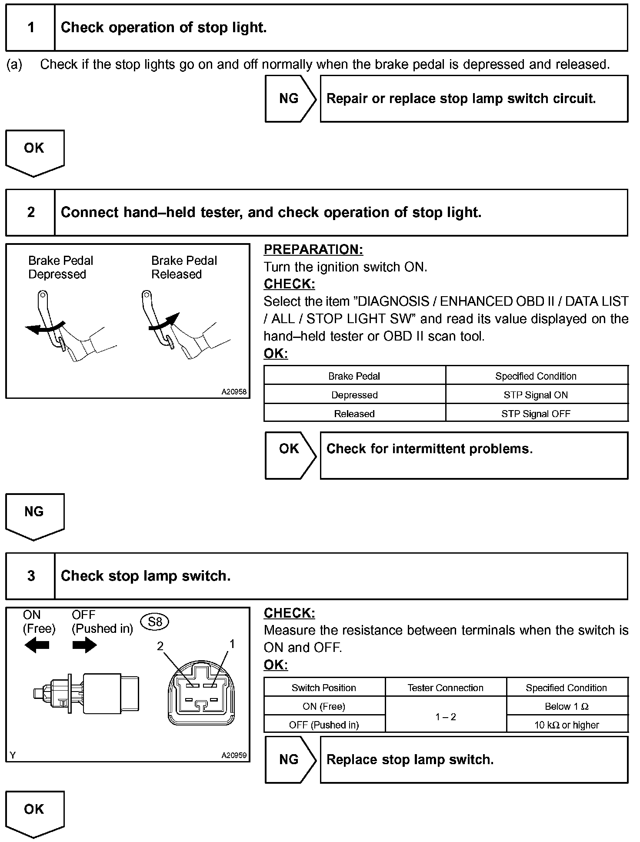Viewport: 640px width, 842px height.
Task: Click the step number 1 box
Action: [30, 28]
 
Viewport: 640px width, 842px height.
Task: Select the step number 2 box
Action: [30, 213]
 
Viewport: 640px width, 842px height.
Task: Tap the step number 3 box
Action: [30, 576]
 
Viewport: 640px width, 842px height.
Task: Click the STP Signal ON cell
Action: [536, 395]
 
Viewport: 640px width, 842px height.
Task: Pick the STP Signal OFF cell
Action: [536, 414]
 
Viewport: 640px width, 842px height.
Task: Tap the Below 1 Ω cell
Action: [567, 706]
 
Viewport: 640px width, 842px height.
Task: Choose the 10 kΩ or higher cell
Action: [567, 725]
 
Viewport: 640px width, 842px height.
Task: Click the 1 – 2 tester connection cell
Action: [446, 716]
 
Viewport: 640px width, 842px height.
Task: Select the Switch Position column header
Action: [324, 688]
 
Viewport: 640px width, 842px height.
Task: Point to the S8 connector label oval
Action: [155, 622]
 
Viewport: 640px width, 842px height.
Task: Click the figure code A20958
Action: [234, 392]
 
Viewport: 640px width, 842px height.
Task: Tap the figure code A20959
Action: [234, 755]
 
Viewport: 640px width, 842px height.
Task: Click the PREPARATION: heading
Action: [313, 250]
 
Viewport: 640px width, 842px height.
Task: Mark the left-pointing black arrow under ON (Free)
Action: [37, 646]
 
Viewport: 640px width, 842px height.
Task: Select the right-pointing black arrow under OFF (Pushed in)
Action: [84, 646]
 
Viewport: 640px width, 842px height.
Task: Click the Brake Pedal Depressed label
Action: [60, 267]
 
